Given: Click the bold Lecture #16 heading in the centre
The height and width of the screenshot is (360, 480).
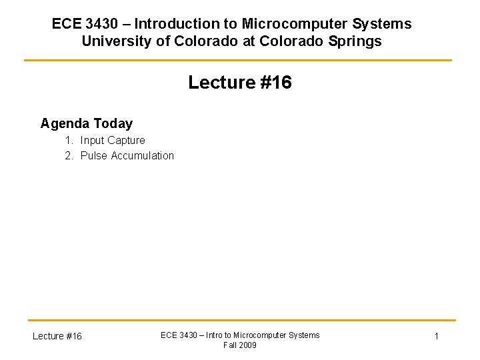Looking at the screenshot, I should click(240, 83).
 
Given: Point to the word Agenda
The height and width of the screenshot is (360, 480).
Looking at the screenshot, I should click(65, 123).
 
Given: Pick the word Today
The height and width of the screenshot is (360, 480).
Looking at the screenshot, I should click(113, 123).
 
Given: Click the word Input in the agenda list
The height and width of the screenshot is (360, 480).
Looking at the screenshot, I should click(92, 141).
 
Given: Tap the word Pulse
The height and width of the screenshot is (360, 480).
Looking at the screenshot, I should click(93, 156).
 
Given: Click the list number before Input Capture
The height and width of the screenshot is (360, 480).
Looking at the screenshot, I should click(69, 141).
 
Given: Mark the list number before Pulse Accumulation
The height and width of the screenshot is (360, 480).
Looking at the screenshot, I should click(69, 156).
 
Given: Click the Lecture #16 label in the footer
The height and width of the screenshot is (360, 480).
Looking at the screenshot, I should click(57, 336).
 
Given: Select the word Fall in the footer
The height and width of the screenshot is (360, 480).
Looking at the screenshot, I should click(230, 345).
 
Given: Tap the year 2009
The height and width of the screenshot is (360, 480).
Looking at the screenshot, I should click(247, 345).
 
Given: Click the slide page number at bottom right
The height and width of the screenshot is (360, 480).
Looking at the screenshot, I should click(437, 336).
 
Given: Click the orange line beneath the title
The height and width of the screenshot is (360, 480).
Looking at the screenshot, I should click(238, 61).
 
